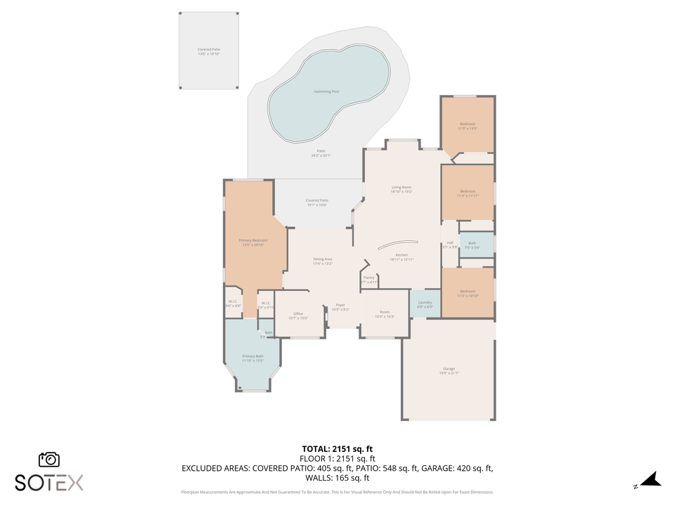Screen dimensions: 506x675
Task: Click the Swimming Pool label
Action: tap(326, 92)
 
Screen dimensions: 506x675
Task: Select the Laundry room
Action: tap(425, 304)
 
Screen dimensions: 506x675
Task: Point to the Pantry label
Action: tap(369, 278)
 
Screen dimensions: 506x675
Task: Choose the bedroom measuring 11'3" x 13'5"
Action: tap(468, 126)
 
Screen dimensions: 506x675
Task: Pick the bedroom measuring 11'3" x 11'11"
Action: tap(468, 193)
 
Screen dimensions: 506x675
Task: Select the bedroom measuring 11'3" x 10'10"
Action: tap(468, 293)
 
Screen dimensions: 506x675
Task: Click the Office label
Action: tap(298, 313)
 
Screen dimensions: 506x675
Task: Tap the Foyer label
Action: tap(340, 305)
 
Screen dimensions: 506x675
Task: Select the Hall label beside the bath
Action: tap(450, 243)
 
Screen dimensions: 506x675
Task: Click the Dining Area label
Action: tap(323, 259)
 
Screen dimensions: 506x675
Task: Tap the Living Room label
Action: tap(401, 187)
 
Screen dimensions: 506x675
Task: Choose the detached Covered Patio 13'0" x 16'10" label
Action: tap(209, 50)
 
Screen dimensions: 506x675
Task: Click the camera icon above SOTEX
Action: tap(49, 460)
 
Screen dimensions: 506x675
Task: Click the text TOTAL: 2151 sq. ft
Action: tap(337, 448)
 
